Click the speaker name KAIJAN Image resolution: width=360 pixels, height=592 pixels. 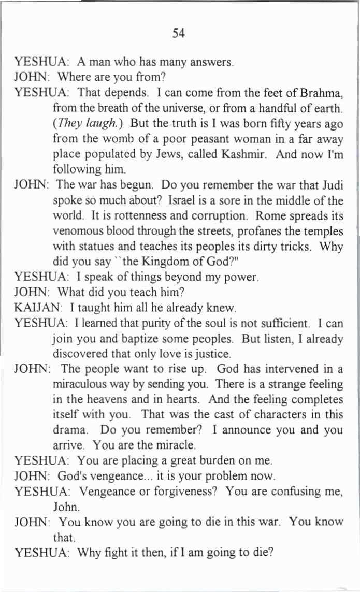tap(33, 309)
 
